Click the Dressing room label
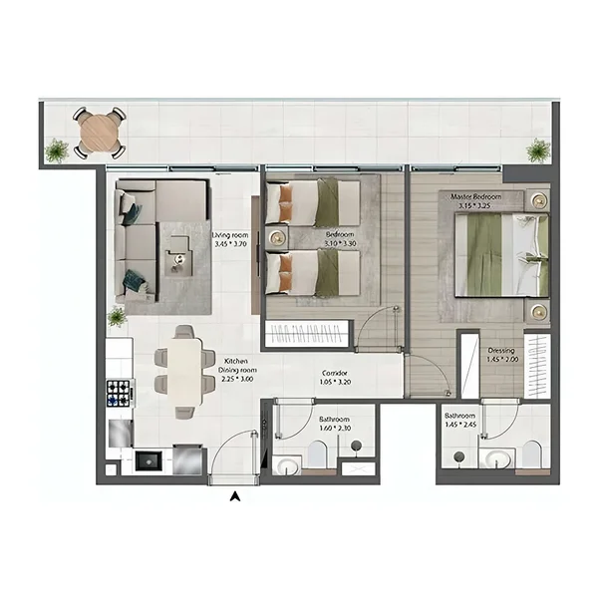coord(501,351)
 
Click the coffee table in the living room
coord(179,259)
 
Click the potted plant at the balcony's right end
coord(538,150)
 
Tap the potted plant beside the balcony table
coord(57,150)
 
